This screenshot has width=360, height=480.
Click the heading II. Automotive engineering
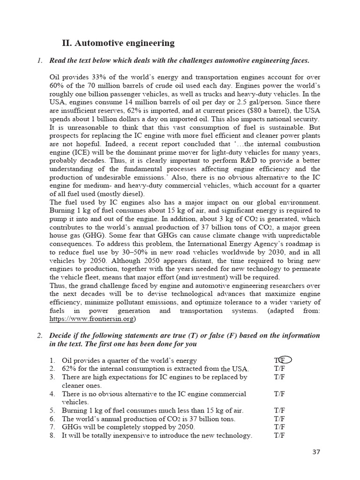118,43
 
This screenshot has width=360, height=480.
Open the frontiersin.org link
92,319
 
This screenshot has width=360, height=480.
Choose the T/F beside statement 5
279,410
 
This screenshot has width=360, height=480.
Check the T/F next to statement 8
279,435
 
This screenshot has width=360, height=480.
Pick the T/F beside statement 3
279,377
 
